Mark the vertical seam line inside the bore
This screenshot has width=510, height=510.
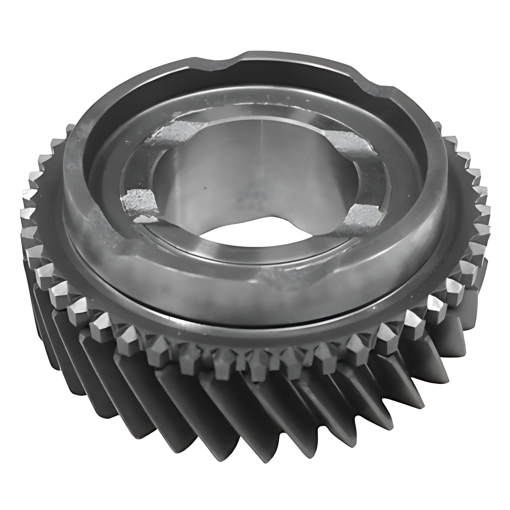click(x=262, y=137)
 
